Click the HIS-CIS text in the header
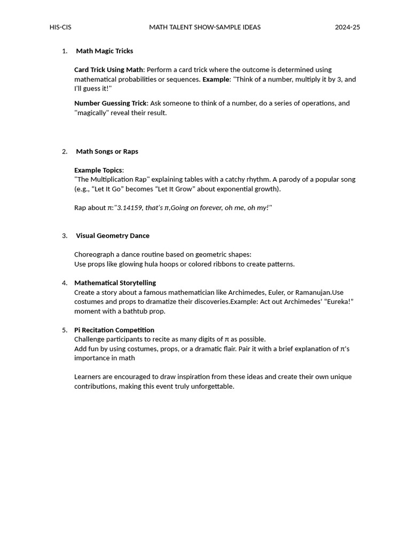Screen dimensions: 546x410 tap(60, 27)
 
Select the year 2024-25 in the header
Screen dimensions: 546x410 tap(348, 27)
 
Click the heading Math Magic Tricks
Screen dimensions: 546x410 tap(105, 51)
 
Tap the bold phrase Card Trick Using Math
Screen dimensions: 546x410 tap(109, 70)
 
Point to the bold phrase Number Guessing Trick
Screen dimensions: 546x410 tap(111, 103)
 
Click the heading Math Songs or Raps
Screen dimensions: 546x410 tap(107, 151)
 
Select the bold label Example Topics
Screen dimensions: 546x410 tap(99, 170)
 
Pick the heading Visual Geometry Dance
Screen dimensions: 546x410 tap(113, 236)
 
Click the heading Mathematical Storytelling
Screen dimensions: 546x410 tap(115, 283)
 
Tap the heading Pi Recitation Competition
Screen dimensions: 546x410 tap(114, 330)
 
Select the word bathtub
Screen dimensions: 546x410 tap(134, 311)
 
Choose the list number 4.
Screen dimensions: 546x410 tap(65, 283)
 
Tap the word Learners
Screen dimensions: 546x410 tap(88, 377)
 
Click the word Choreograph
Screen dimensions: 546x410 tap(94, 255)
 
